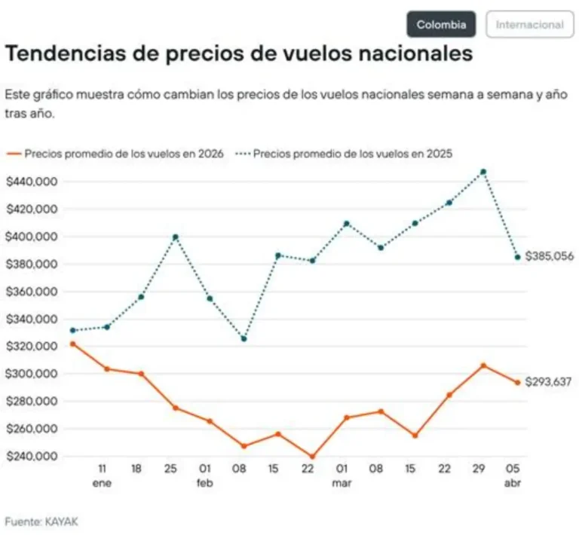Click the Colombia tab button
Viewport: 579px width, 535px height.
pyautogui.click(x=441, y=24)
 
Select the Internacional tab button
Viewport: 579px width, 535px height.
pyautogui.click(x=529, y=24)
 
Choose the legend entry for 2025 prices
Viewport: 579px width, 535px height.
pyautogui.click(x=347, y=154)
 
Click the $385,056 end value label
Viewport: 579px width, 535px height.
pyautogui.click(x=550, y=256)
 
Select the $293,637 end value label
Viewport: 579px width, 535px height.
pyautogui.click(x=548, y=382)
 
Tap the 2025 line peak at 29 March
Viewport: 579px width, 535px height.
pyautogui.click(x=483, y=172)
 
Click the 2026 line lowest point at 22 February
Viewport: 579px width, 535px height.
pyautogui.click(x=311, y=457)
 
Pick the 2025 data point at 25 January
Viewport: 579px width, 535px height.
pyautogui.click(x=175, y=237)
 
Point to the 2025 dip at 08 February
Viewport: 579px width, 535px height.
pyautogui.click(x=244, y=338)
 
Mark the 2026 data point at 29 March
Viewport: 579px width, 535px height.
pyautogui.click(x=483, y=365)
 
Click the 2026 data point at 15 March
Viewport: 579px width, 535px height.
pyautogui.click(x=414, y=436)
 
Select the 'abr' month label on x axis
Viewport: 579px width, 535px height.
pyautogui.click(x=513, y=484)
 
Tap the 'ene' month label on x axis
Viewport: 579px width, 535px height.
pyautogui.click(x=102, y=484)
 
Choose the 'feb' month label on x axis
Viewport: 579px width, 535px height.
pyautogui.click(x=205, y=484)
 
